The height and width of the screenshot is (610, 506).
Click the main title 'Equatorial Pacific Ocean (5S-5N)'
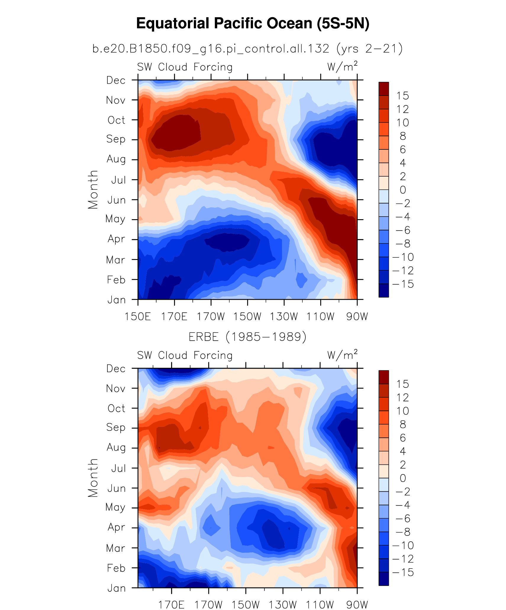click(253, 24)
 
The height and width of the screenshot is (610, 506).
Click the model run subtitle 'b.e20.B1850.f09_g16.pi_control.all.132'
click(211, 49)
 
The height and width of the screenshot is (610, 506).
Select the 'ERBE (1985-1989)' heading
click(247, 337)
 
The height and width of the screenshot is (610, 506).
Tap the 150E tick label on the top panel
click(138, 317)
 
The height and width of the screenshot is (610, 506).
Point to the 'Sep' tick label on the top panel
click(116, 139)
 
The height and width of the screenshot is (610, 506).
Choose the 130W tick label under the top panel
click(284, 317)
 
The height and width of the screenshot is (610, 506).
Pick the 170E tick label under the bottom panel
click(171, 605)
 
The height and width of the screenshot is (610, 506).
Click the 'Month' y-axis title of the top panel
click(93, 190)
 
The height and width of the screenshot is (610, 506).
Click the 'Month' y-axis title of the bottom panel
click(93, 478)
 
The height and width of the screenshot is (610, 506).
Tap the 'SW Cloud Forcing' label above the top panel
click(185, 67)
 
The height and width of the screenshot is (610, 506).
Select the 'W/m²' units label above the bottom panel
click(342, 355)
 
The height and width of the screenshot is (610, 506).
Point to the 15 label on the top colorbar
click(402, 96)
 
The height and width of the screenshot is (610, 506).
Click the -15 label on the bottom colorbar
click(403, 572)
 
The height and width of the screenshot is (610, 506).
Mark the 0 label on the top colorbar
click(403, 190)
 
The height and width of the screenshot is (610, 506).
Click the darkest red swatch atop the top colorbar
click(383, 89)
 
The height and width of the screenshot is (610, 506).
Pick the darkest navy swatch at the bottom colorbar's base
click(383, 579)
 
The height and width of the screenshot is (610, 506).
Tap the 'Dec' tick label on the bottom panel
click(116, 369)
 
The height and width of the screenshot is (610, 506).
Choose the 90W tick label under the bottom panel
click(357, 605)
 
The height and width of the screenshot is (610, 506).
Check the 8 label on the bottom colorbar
click(403, 425)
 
